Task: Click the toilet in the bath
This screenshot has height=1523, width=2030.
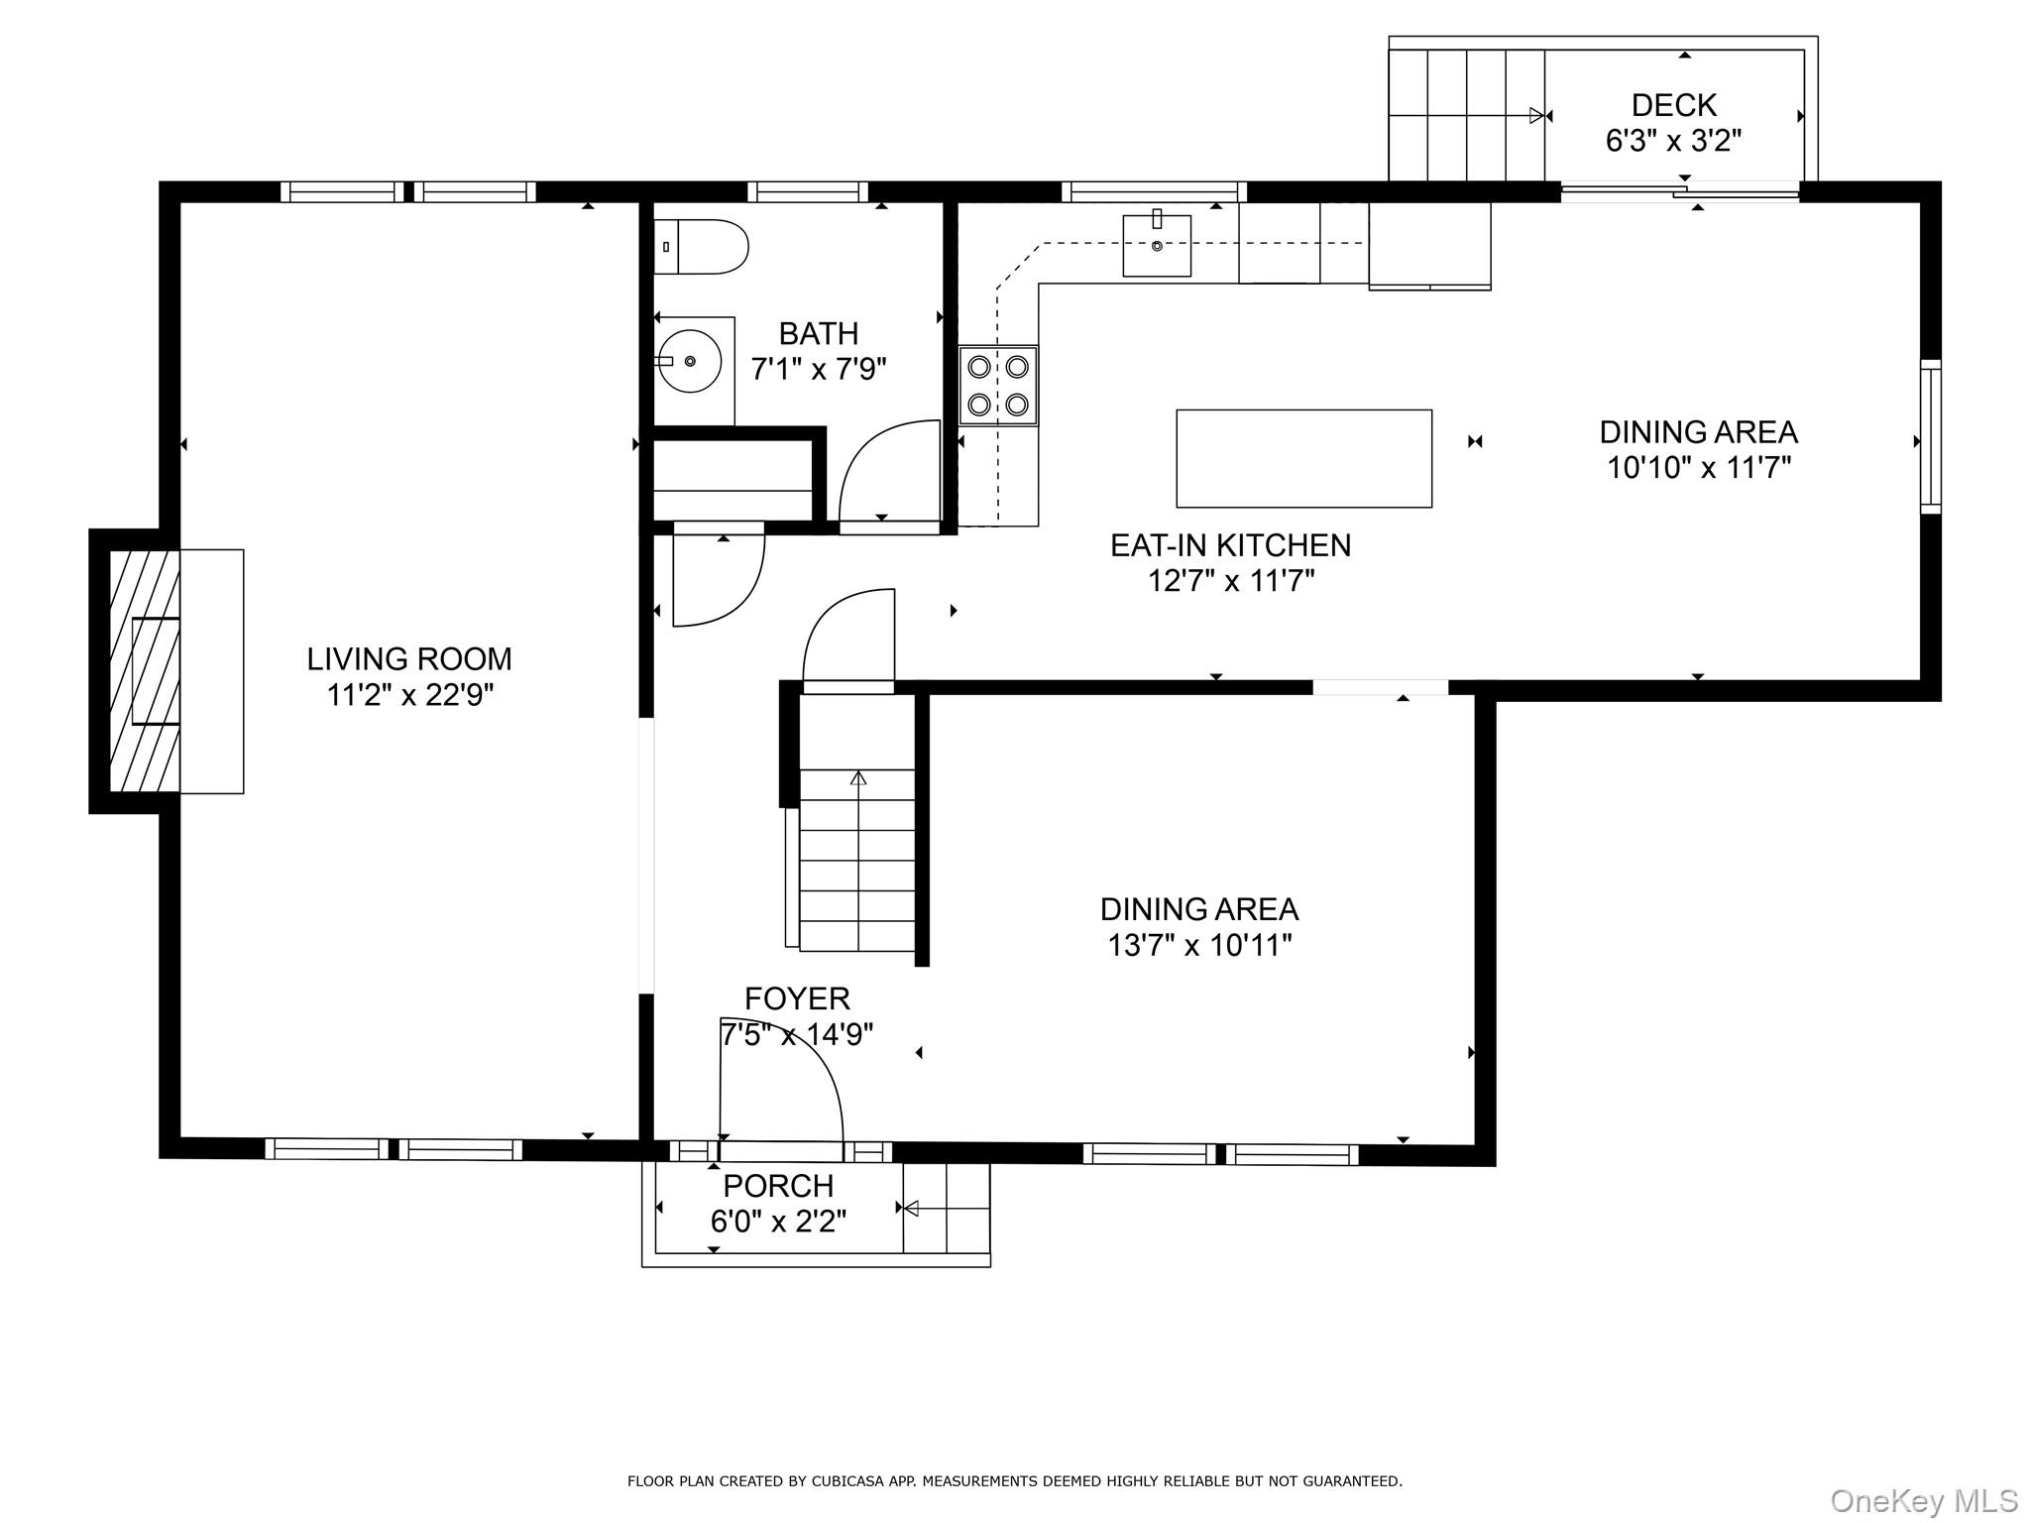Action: pyautogui.click(x=702, y=246)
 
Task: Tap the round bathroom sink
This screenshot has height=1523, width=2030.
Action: pyautogui.click(x=690, y=362)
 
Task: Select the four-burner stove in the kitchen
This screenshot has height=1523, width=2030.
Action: pyautogui.click(x=998, y=386)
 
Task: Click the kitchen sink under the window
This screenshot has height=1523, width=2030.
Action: pyautogui.click(x=1157, y=246)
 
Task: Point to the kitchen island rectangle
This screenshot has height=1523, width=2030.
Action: pyautogui.click(x=1303, y=458)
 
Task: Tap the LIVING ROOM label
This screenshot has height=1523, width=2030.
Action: pyautogui.click(x=409, y=658)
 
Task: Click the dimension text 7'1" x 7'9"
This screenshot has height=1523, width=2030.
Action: pyautogui.click(x=819, y=370)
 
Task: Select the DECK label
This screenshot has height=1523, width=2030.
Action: pyautogui.click(x=1674, y=104)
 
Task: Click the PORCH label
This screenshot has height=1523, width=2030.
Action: pyautogui.click(x=778, y=1185)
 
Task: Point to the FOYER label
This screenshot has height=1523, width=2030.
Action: pyautogui.click(x=797, y=997)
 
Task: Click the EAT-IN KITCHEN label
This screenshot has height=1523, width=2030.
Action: pyautogui.click(x=1230, y=545)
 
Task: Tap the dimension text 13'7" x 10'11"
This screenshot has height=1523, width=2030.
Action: pyautogui.click(x=1199, y=945)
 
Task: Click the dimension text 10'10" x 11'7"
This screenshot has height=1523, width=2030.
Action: pyautogui.click(x=1699, y=467)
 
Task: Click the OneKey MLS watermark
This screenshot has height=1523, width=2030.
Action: pyautogui.click(x=1924, y=1500)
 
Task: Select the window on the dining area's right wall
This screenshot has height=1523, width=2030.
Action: pyautogui.click(x=1930, y=436)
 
